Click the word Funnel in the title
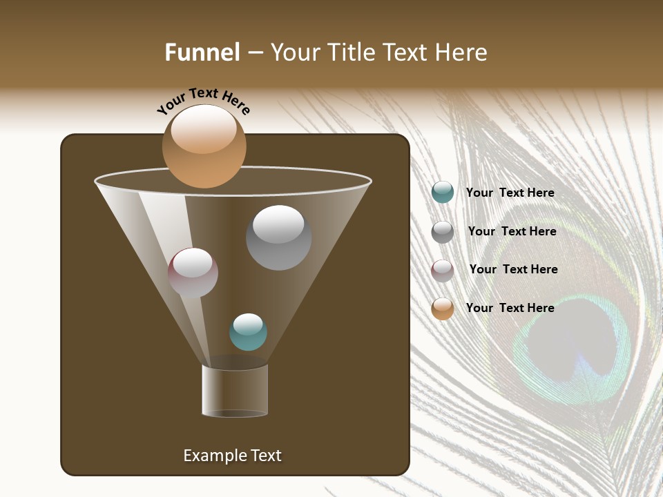[202, 52]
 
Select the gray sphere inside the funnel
[278, 237]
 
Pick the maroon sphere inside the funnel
[193, 273]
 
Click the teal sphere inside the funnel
[248, 332]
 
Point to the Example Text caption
[232, 456]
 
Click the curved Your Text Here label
[204, 101]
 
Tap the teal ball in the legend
[442, 193]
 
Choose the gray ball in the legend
[442, 231]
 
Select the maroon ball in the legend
[442, 270]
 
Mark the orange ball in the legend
[442, 308]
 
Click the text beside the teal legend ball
[510, 193]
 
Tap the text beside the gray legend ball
[512, 231]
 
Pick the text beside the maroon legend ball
[513, 269]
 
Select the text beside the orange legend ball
[510, 308]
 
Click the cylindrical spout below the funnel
[235, 391]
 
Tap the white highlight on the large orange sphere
[204, 129]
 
